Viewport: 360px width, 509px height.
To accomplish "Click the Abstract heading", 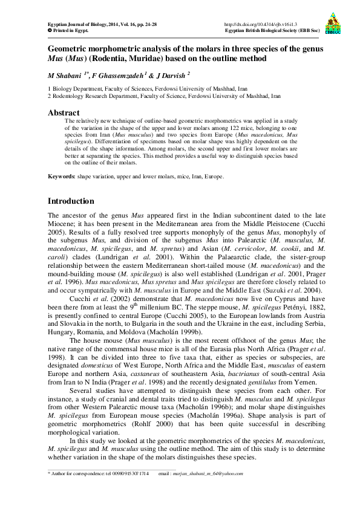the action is coord(64,112).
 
